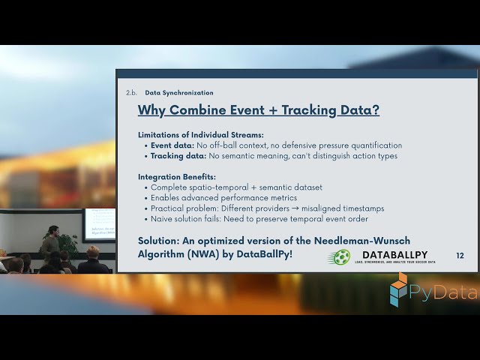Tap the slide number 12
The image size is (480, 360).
pos(460,256)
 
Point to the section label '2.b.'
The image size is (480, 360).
pos(130,93)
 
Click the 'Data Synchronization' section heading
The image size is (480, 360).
pos(178,93)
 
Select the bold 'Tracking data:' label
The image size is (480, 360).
pos(177,156)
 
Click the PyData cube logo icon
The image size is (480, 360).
pos(399,289)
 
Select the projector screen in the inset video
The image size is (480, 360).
pos(99,224)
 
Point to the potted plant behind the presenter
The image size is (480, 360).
pos(69,244)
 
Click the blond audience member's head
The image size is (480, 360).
pos(93,252)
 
